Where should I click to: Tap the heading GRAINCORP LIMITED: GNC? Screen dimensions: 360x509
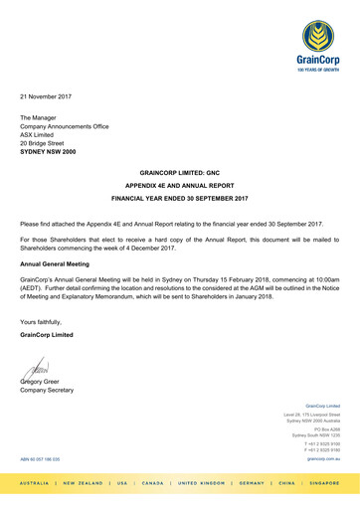pyautogui.click(x=179, y=173)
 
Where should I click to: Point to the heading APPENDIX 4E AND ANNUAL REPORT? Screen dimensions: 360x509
pyautogui.click(x=179, y=186)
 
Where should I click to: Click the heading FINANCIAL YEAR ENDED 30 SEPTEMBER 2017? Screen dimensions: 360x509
pyautogui.click(x=179, y=199)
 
